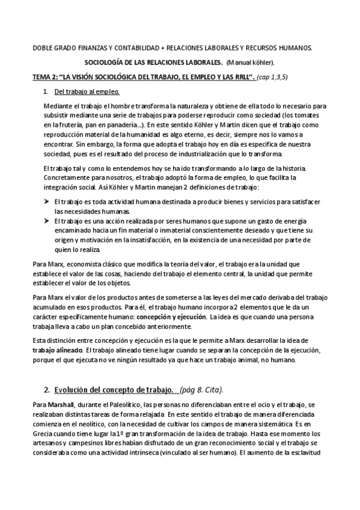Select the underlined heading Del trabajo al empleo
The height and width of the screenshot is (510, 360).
click(x=87, y=92)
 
